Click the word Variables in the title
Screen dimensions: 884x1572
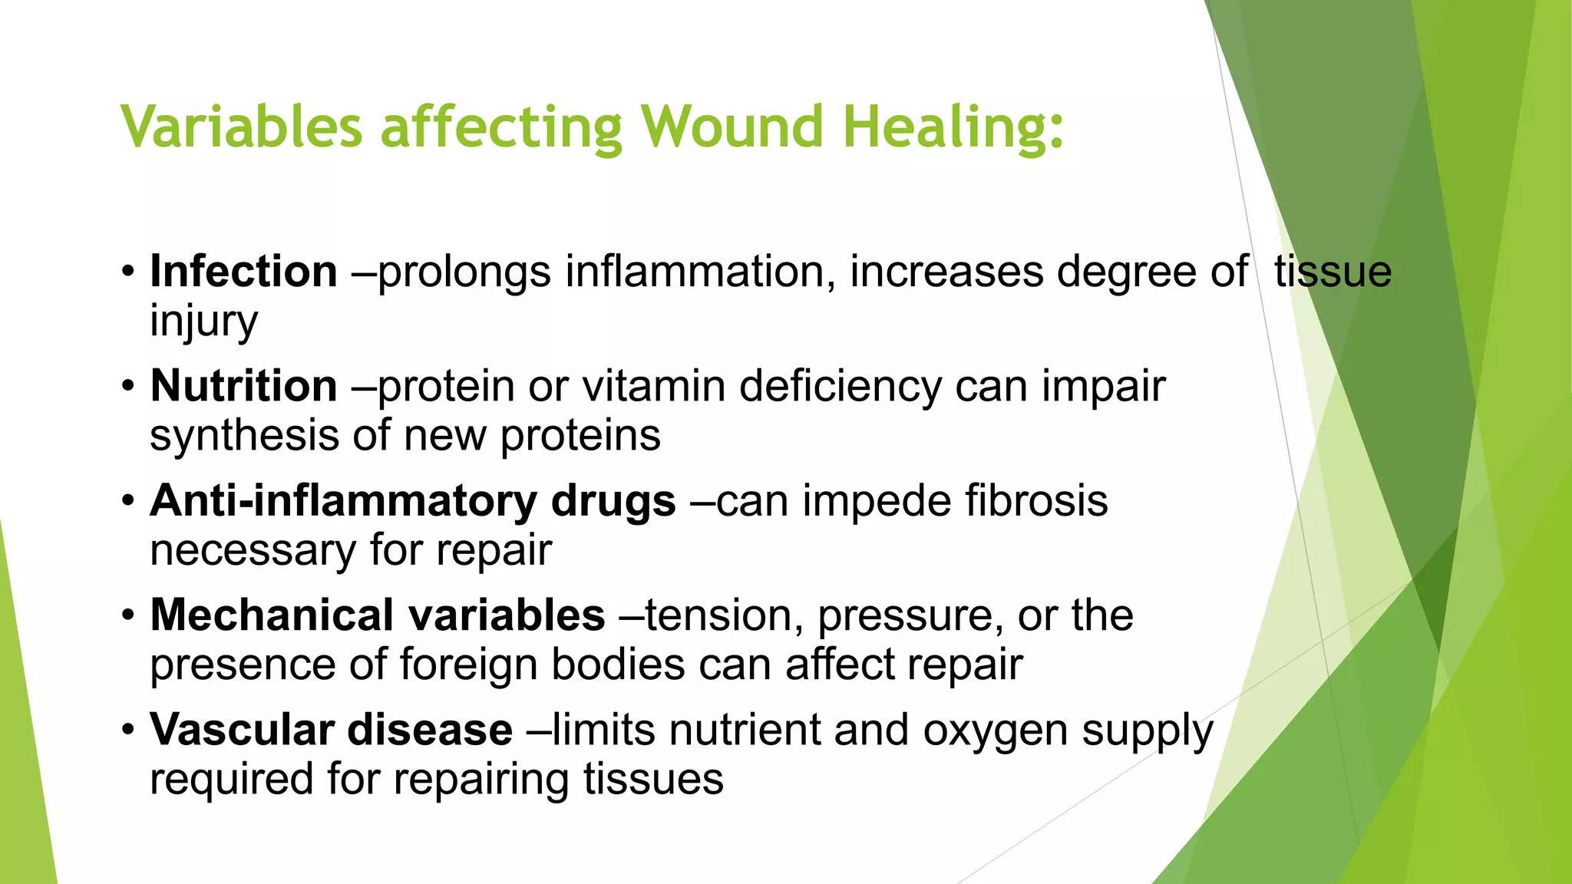coord(241,127)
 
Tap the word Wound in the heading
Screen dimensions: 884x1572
coord(732,127)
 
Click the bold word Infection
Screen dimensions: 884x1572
coord(243,272)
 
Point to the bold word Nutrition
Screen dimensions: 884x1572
coord(243,386)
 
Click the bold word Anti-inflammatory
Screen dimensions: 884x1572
coord(342,501)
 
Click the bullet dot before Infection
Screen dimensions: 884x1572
coord(128,272)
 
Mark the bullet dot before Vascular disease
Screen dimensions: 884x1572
coord(128,730)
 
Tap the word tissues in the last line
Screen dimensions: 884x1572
coord(652,780)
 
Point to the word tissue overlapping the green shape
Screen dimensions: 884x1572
coord(1333,272)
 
